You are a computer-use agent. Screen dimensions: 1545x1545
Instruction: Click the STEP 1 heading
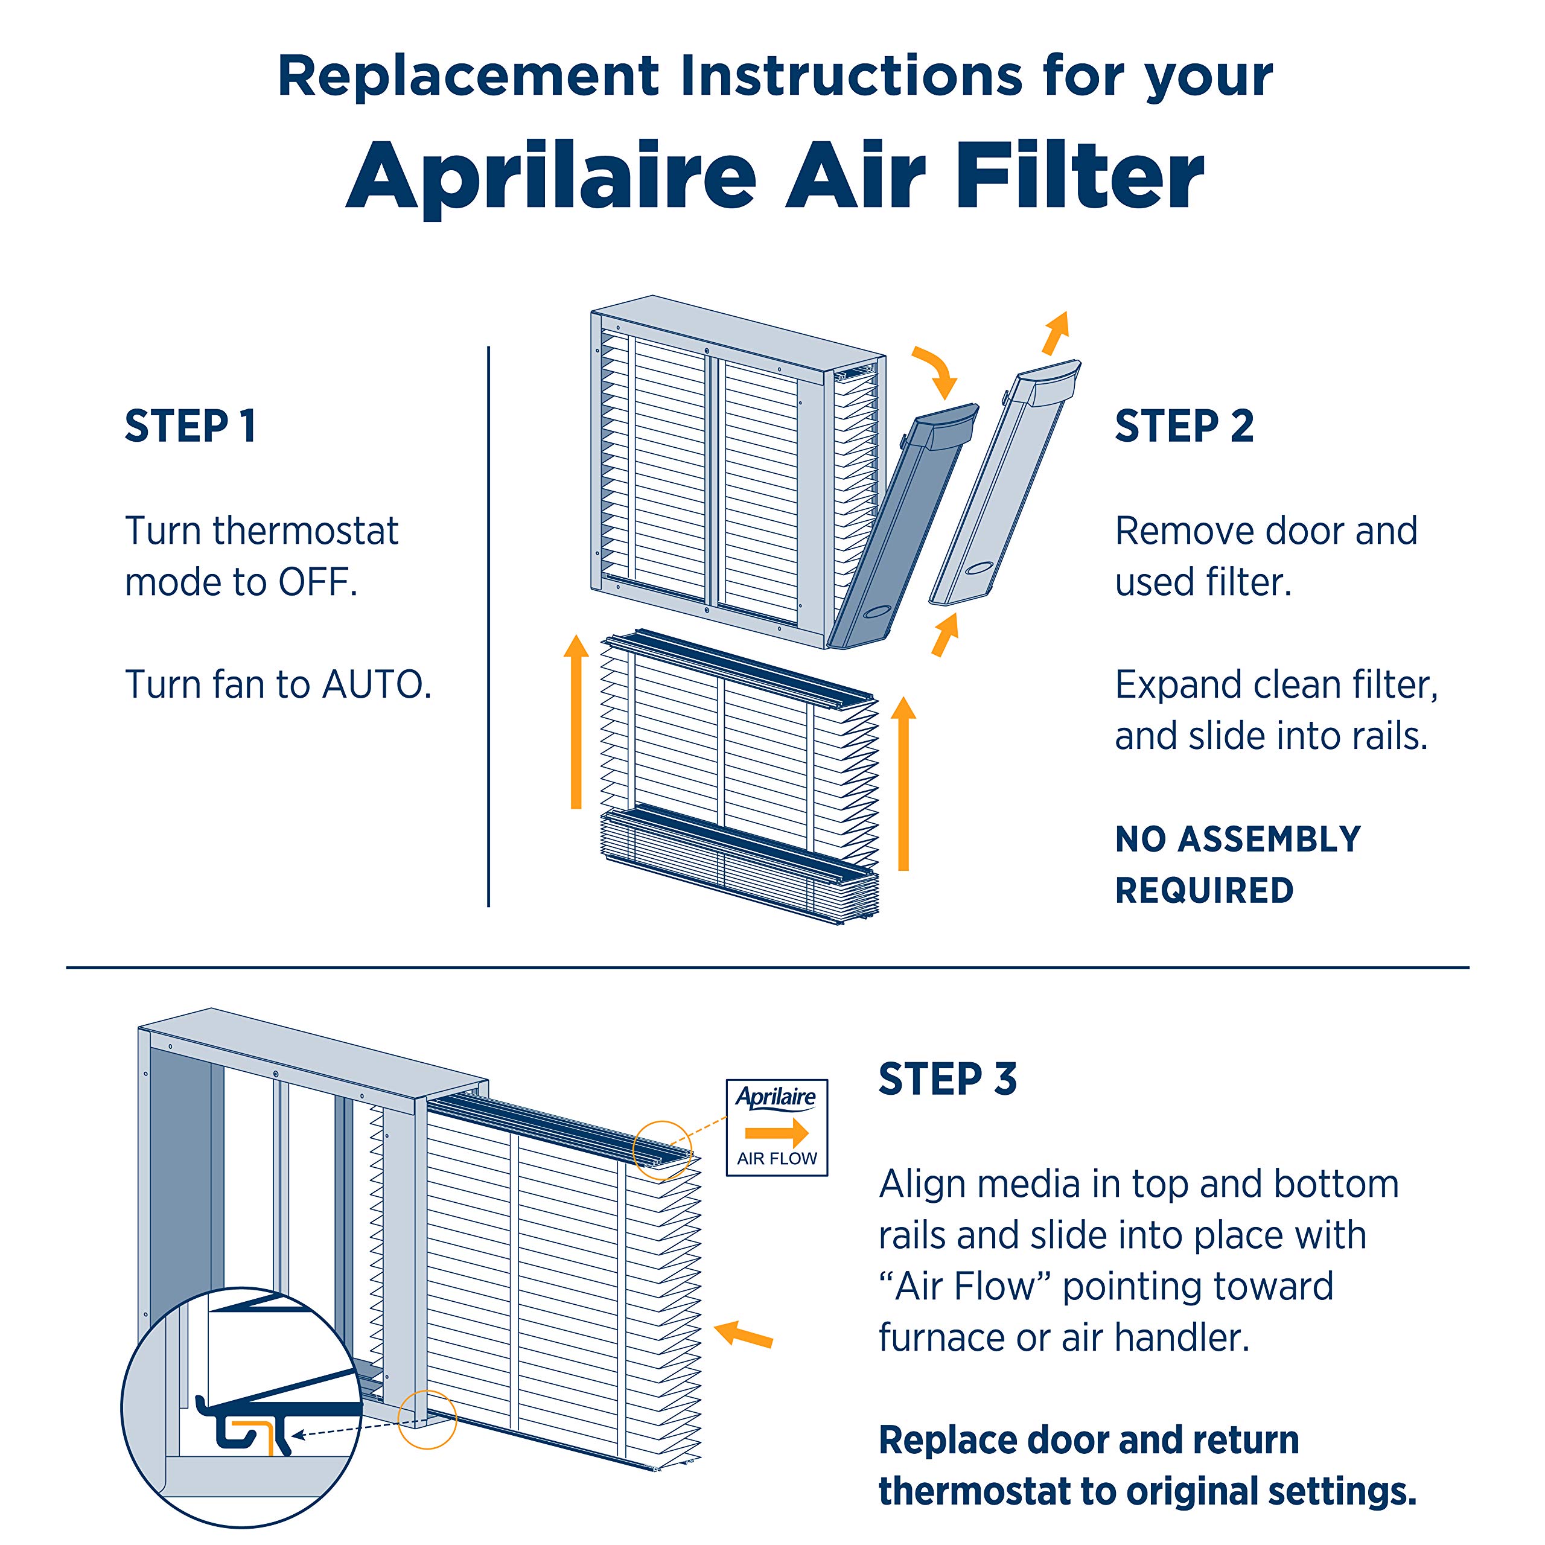[x=190, y=426]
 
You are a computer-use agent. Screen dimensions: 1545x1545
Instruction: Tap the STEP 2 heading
[x=1183, y=426]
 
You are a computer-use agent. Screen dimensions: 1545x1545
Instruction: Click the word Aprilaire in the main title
[x=552, y=176]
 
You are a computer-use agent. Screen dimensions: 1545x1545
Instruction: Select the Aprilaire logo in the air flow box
[x=776, y=1097]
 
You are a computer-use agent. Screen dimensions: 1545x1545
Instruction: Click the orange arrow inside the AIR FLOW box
[x=776, y=1132]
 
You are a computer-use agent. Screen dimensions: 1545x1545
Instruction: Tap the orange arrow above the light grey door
[x=1056, y=332]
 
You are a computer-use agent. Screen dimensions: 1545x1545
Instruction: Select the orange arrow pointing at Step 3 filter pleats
[x=744, y=1334]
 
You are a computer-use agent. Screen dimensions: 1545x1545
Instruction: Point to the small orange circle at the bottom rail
[x=427, y=1419]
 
